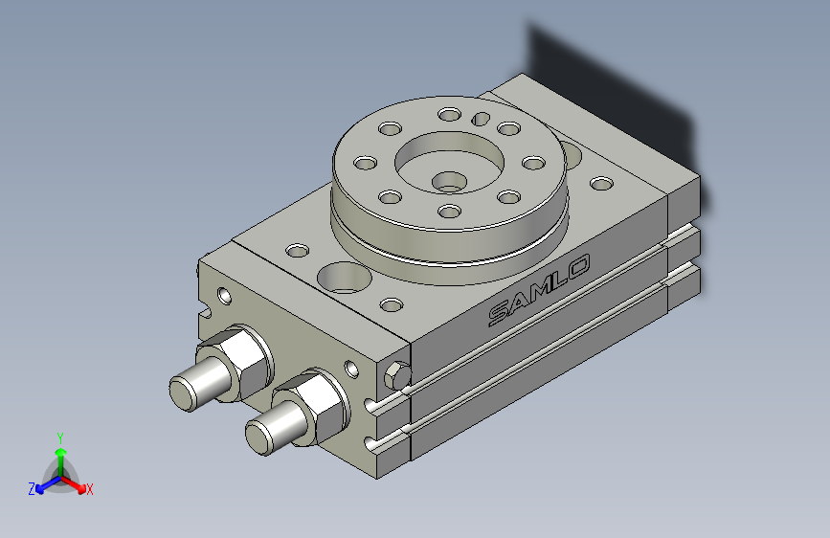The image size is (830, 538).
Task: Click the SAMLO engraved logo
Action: pos(539,290)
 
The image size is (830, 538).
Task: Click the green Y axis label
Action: pos(60,438)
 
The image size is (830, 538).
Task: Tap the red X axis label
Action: pos(89,490)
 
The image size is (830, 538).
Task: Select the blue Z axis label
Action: pos(32,489)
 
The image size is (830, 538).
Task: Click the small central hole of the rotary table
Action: pos(449,182)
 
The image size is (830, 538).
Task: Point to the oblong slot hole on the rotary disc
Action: pos(481,119)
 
